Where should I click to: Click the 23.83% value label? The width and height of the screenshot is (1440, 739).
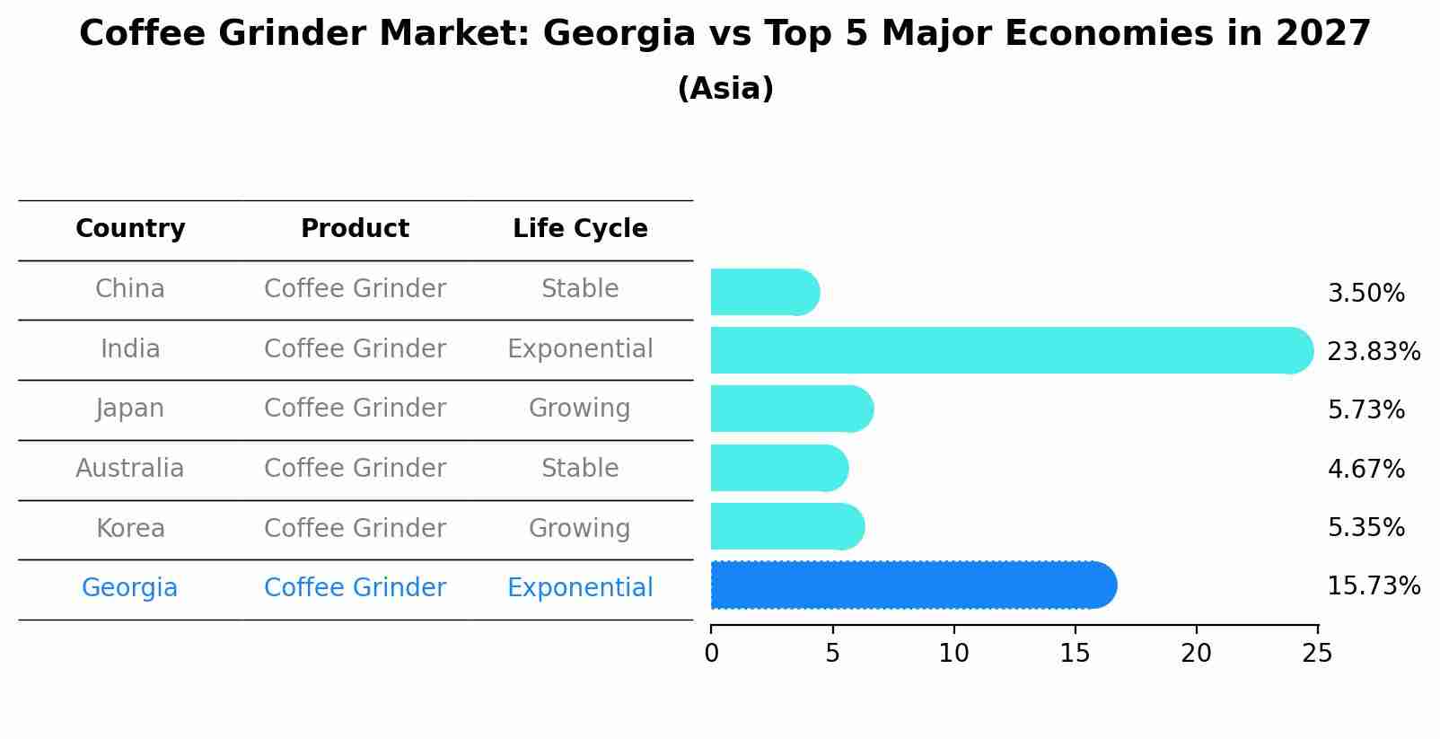point(1373,351)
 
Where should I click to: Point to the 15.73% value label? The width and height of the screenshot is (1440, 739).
point(1373,586)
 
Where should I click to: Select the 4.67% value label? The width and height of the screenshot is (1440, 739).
point(1365,469)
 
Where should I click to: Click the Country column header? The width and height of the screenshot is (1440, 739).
point(130,229)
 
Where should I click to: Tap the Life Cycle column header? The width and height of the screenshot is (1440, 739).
point(580,229)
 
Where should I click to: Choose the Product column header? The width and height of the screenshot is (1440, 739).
point(355,229)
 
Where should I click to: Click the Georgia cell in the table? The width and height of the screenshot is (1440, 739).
point(129,588)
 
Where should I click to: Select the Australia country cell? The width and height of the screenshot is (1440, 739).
point(129,469)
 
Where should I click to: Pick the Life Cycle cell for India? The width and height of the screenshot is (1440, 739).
point(580,349)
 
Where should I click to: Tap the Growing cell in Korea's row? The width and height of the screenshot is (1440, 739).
point(579,529)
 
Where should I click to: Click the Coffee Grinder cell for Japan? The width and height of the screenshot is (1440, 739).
point(355,409)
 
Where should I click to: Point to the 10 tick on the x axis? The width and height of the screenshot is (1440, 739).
point(953,654)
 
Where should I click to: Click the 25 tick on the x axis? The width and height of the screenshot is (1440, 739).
point(1317,654)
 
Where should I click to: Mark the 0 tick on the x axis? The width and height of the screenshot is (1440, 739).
point(711,654)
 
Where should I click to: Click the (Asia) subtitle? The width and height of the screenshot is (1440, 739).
point(725,89)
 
